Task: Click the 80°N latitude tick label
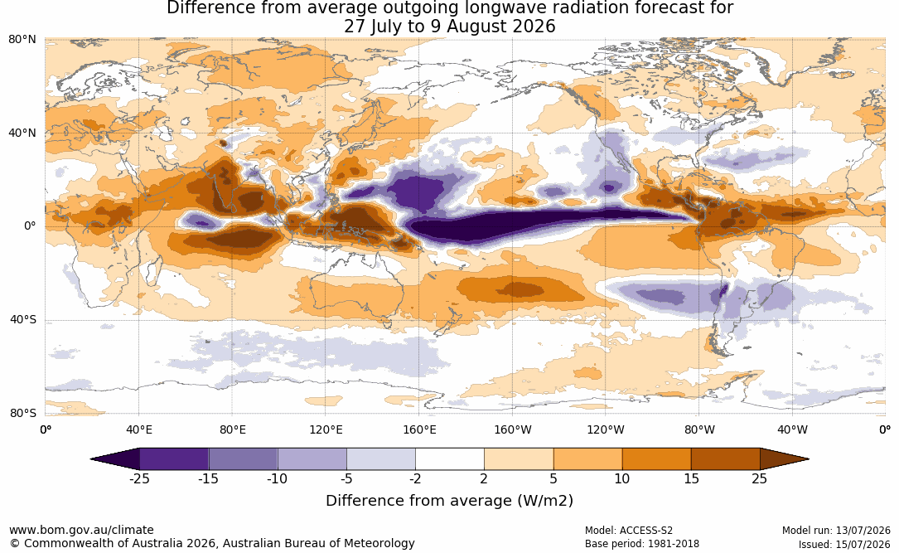(22, 40)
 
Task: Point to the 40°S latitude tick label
(23, 319)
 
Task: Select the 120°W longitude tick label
(606, 429)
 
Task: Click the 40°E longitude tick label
(138, 429)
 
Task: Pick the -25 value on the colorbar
(139, 478)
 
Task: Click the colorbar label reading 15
(692, 478)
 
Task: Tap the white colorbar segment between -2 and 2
(450, 459)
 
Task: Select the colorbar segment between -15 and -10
(243, 459)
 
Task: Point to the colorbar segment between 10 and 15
(656, 459)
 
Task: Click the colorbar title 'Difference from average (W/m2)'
(449, 501)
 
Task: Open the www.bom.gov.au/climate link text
(81, 530)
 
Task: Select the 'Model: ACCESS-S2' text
(629, 531)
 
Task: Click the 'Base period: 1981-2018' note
(642, 544)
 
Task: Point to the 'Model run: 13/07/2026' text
(836, 531)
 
